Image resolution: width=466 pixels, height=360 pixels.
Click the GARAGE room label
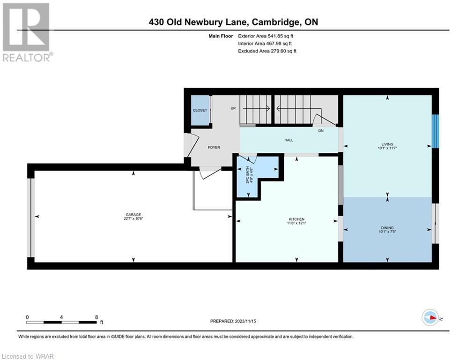(133, 215)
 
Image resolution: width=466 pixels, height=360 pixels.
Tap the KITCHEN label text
(296, 219)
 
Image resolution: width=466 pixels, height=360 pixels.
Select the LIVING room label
(387, 144)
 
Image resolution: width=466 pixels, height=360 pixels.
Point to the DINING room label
(387, 228)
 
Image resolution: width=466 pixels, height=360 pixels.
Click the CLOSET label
(200, 110)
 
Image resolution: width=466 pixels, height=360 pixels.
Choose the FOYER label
(214, 147)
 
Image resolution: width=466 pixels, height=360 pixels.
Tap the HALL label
(288, 140)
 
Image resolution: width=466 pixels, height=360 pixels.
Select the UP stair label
(233, 108)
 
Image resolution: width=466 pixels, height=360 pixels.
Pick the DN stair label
(321, 131)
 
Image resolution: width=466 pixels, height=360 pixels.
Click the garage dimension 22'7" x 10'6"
(133, 218)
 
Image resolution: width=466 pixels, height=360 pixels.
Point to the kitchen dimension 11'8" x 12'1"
(296, 223)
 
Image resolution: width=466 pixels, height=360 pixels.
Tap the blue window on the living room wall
(435, 131)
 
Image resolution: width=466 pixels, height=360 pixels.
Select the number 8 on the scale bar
(96, 317)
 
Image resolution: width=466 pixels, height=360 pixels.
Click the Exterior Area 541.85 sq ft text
(266, 36)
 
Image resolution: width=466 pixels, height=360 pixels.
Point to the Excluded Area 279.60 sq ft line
(267, 51)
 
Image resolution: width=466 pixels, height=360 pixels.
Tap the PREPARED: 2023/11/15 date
(233, 321)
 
